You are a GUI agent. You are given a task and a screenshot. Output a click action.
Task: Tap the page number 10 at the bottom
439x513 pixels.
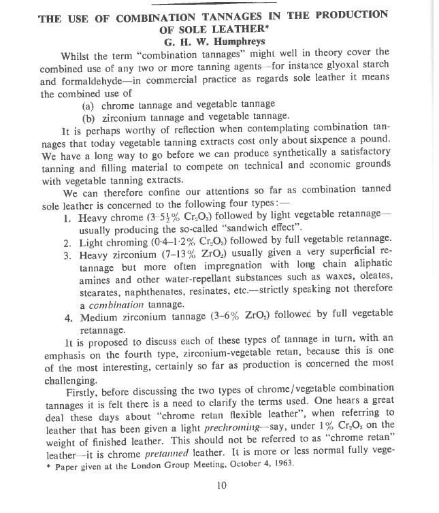(221, 485)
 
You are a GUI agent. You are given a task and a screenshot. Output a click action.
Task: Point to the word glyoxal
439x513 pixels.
(344, 64)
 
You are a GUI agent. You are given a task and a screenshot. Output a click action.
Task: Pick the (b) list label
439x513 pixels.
(88, 116)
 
